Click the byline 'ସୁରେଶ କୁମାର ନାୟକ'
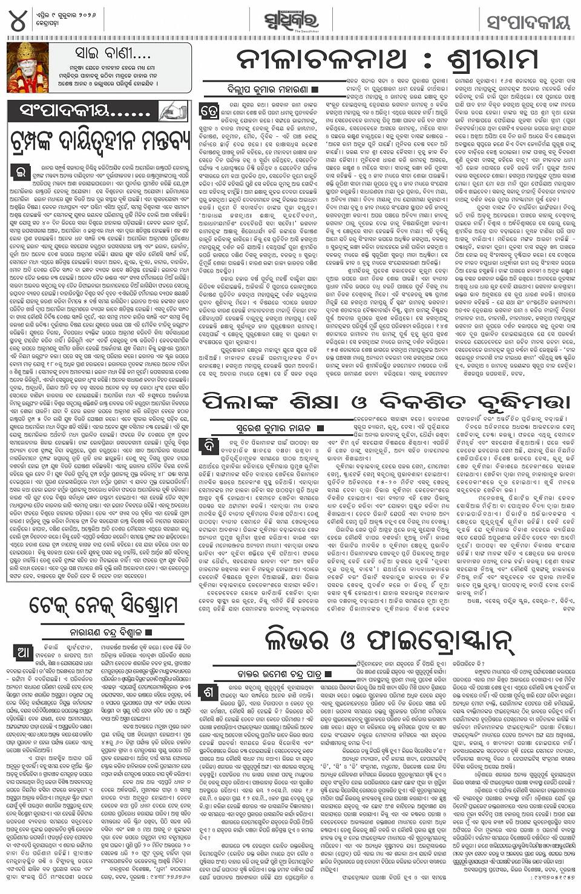tap(276, 428)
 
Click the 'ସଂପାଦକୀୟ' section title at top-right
tap(529, 23)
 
